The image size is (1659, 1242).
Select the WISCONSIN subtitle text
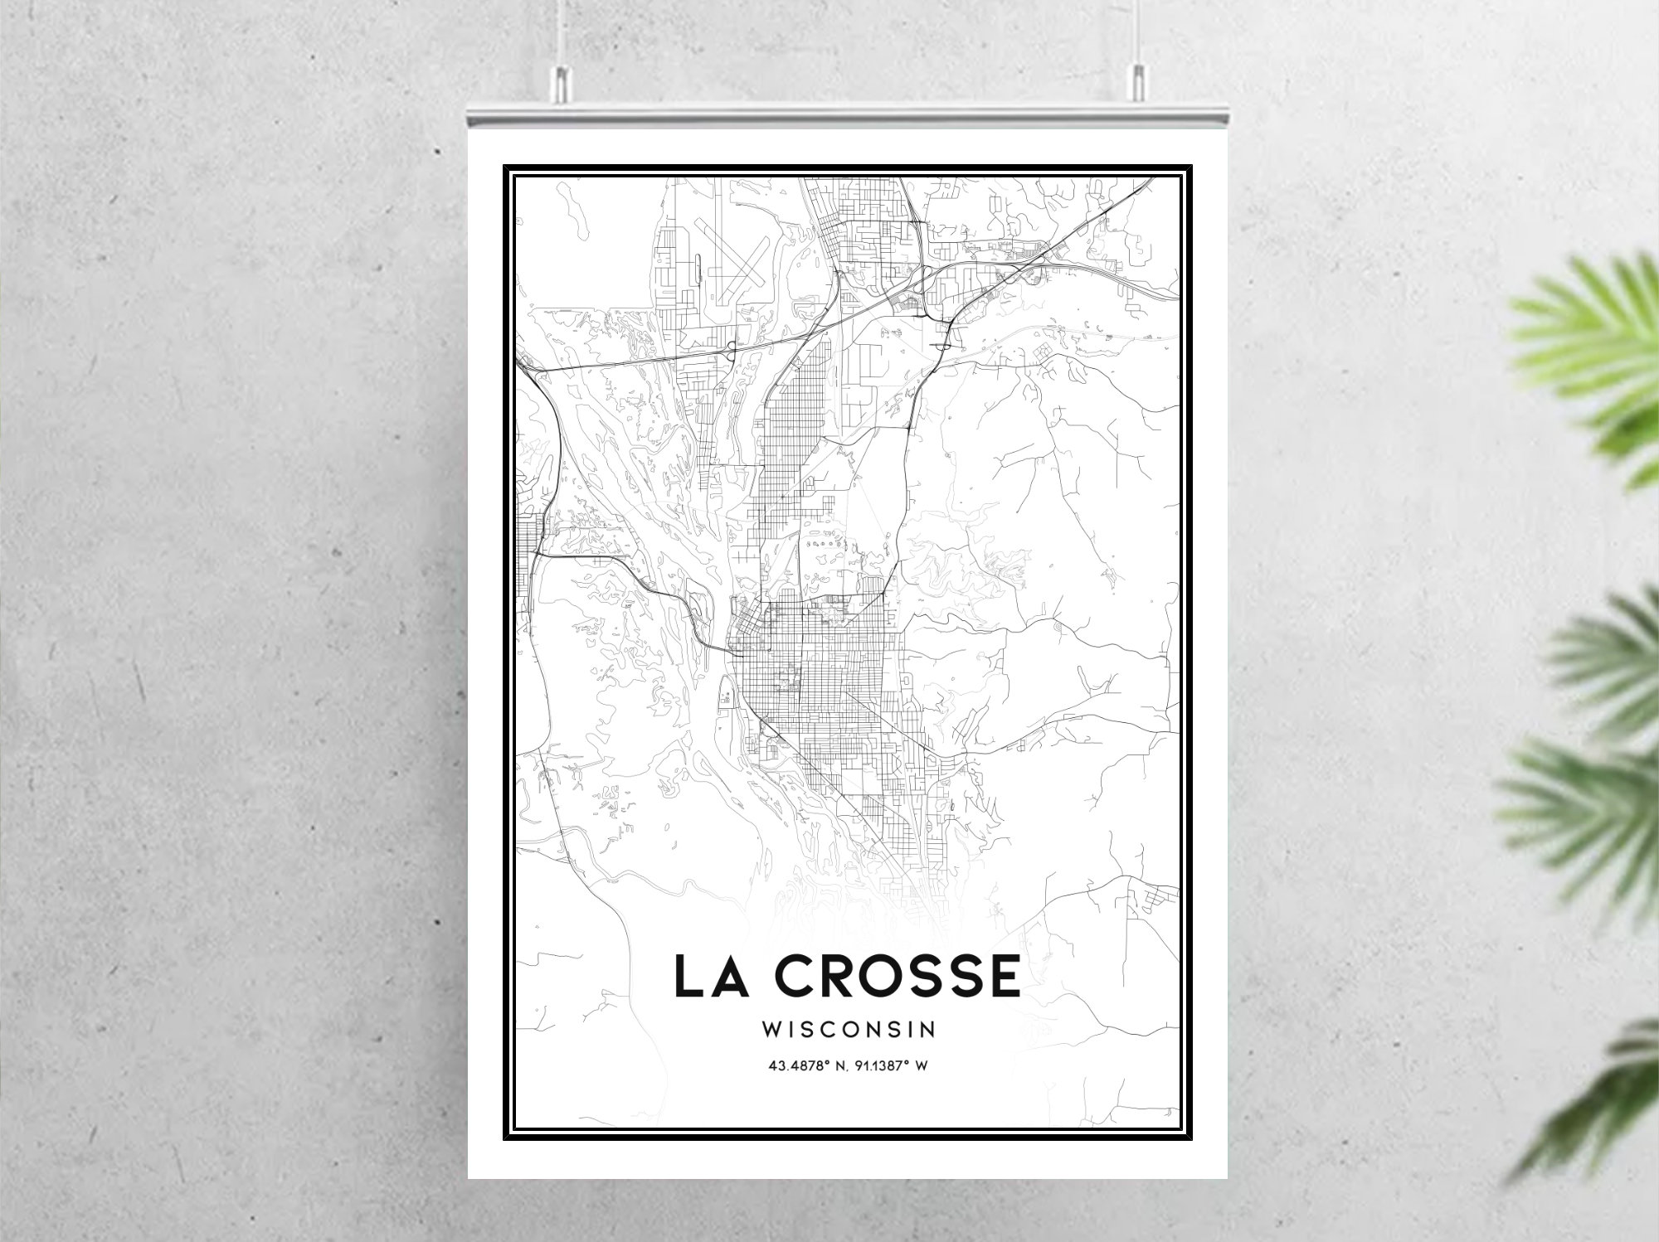(x=849, y=1030)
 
